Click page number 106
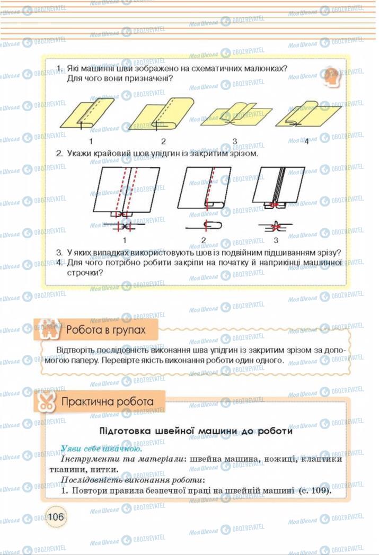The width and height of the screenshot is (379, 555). [x=56, y=516]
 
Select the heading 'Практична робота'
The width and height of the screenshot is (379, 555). [x=107, y=401]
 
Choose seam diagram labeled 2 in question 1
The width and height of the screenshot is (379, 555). [x=160, y=114]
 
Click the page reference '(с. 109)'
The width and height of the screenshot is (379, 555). [x=316, y=490]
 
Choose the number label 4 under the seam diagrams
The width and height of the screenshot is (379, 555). [x=306, y=141]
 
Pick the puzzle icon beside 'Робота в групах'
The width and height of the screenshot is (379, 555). [x=47, y=329]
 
